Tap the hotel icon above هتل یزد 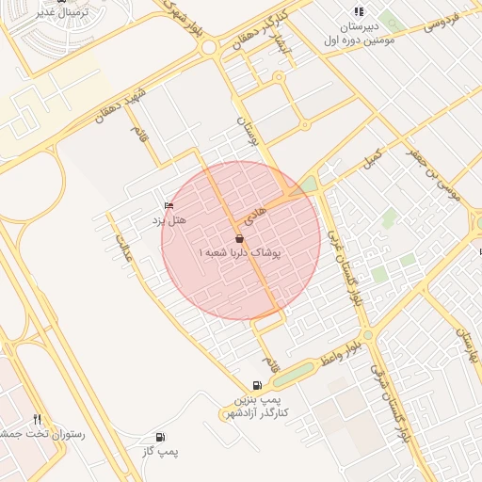(x=169, y=205)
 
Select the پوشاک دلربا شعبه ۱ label (x=241, y=254)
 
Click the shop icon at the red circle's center (x=240, y=240)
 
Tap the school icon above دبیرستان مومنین (x=358, y=11)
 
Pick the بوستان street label (x=246, y=133)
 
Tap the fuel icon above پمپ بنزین (x=258, y=385)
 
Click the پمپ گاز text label (x=160, y=453)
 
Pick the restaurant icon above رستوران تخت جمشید (x=37, y=420)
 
